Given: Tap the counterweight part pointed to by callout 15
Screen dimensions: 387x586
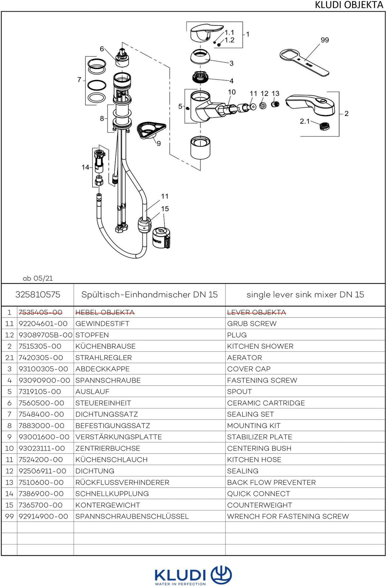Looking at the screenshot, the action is click(161, 238).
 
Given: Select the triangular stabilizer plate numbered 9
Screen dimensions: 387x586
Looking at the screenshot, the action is click(151, 130).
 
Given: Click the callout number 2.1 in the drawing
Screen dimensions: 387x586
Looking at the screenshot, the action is click(305, 121).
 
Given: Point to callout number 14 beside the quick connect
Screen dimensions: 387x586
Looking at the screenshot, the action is click(85, 167).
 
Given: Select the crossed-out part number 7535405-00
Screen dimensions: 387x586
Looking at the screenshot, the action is click(40, 312).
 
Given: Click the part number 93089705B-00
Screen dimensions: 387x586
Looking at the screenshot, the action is click(45, 335).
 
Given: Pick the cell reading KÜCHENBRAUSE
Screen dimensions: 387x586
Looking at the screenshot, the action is click(105, 346).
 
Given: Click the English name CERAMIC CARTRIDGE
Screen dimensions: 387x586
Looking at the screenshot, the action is click(266, 403).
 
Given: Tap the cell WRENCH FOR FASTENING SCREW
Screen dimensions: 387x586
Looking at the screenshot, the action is click(288, 516).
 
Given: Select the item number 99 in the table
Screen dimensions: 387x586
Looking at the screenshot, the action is click(9, 516).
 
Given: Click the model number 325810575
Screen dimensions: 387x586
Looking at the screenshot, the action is click(38, 295).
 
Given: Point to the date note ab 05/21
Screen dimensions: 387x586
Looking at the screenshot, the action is click(38, 278).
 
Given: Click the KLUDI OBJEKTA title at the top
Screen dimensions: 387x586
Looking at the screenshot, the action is click(349, 5).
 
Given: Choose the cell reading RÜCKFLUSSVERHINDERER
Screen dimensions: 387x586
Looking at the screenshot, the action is click(122, 483).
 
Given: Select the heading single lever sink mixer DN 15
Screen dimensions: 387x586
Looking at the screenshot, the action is click(305, 295).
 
